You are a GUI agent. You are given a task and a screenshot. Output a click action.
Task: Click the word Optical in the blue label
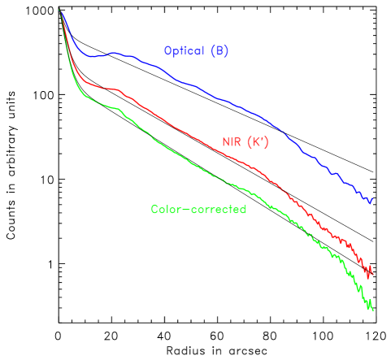(184, 50)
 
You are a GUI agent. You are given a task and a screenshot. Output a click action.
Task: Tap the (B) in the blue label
(219, 50)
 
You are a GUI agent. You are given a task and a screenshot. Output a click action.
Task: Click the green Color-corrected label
(198, 210)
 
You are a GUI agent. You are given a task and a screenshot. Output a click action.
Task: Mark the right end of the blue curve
(371, 200)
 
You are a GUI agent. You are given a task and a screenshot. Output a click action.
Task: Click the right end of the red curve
(371, 273)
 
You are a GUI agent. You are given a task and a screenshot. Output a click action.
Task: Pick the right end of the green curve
(371, 309)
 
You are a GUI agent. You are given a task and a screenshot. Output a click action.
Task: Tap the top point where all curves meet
(60, 10)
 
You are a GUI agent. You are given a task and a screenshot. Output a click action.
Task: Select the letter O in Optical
(167, 50)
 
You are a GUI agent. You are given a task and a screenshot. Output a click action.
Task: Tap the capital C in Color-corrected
(154, 210)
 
